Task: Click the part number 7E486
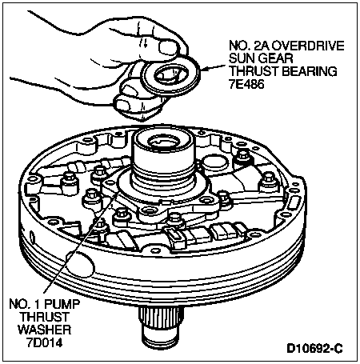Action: coord(246,85)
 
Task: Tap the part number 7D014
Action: coord(45,342)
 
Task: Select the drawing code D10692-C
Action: coord(314,349)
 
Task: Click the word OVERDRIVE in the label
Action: coord(308,46)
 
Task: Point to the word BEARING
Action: coord(310,71)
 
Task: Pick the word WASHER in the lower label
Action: coord(45,330)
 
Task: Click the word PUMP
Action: coord(62,304)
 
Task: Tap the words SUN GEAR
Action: coord(261,58)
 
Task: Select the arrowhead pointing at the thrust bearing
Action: coord(205,70)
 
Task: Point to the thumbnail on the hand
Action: coord(169,47)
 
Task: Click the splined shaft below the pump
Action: coord(162,327)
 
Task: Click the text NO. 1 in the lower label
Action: coord(25,304)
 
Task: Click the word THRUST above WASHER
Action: coord(45,317)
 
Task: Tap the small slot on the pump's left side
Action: coord(33,236)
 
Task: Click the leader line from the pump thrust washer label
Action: coord(81,242)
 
